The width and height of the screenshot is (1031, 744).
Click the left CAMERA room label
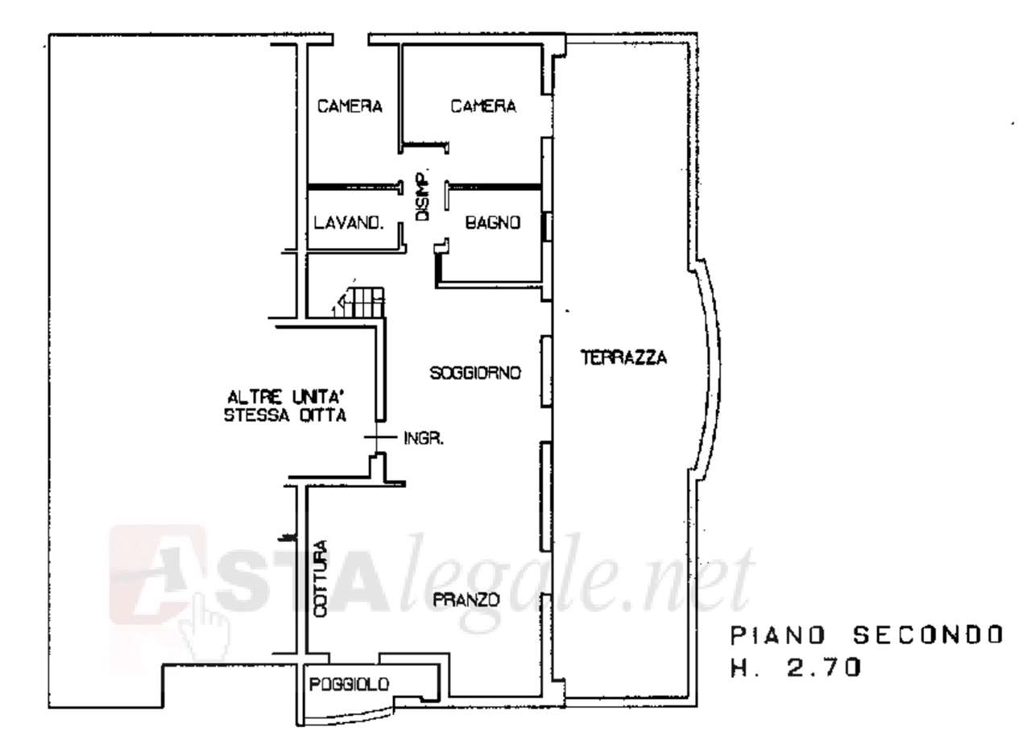pyautogui.click(x=349, y=106)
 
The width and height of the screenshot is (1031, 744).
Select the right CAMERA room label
pyautogui.click(x=482, y=106)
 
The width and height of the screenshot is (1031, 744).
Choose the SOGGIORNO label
pyautogui.click(x=476, y=373)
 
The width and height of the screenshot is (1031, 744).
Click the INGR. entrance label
pyautogui.click(x=424, y=439)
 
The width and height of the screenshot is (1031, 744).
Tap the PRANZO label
pyautogui.click(x=466, y=600)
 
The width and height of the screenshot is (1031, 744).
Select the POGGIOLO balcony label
pyautogui.click(x=350, y=684)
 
